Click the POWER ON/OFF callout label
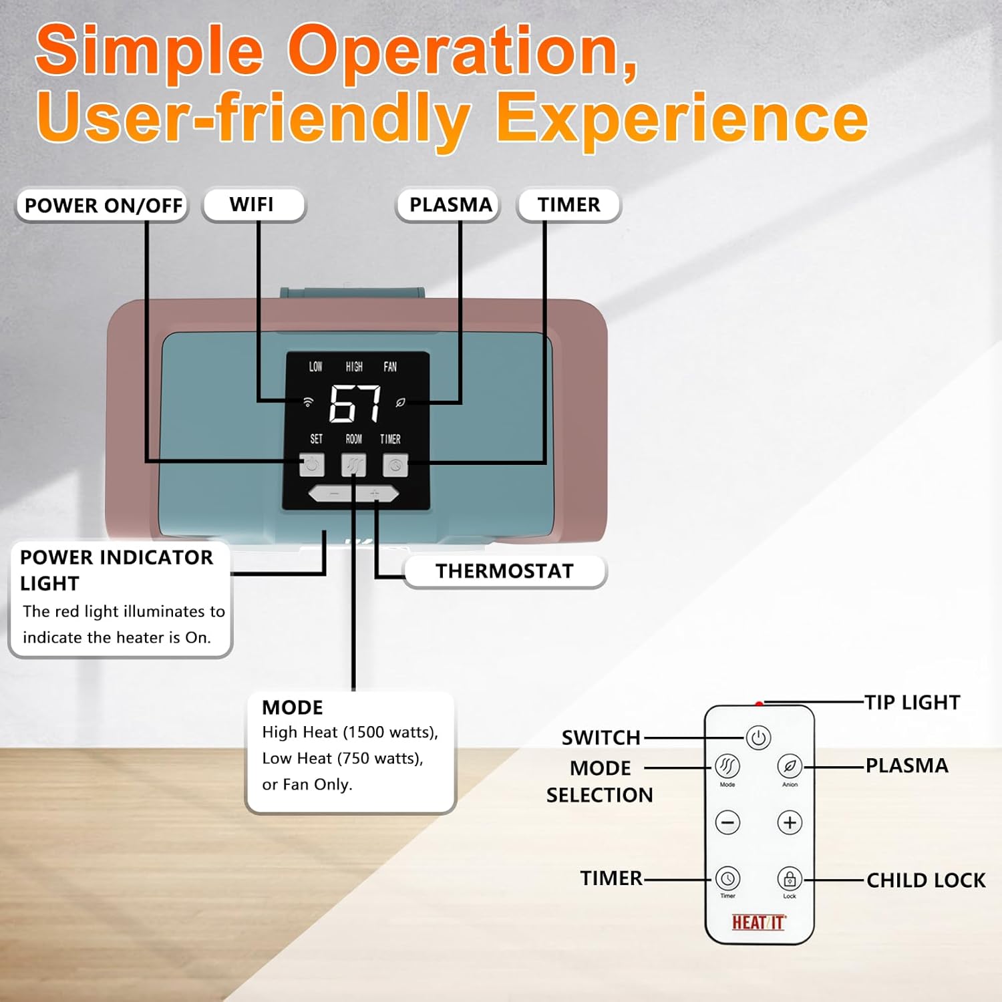(103, 205)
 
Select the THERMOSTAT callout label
(504, 571)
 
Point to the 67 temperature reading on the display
(355, 403)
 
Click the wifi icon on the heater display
(308, 402)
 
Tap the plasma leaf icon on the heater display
(401, 402)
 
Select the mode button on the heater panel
(353, 465)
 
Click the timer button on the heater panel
(395, 465)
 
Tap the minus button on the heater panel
(333, 494)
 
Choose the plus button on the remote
(790, 822)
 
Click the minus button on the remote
(727, 822)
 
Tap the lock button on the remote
(790, 878)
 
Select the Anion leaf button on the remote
(790, 766)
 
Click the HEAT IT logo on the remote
(759, 923)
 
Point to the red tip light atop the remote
(759, 703)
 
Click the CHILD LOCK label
(926, 880)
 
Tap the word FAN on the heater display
(390, 367)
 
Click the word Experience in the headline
(681, 118)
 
